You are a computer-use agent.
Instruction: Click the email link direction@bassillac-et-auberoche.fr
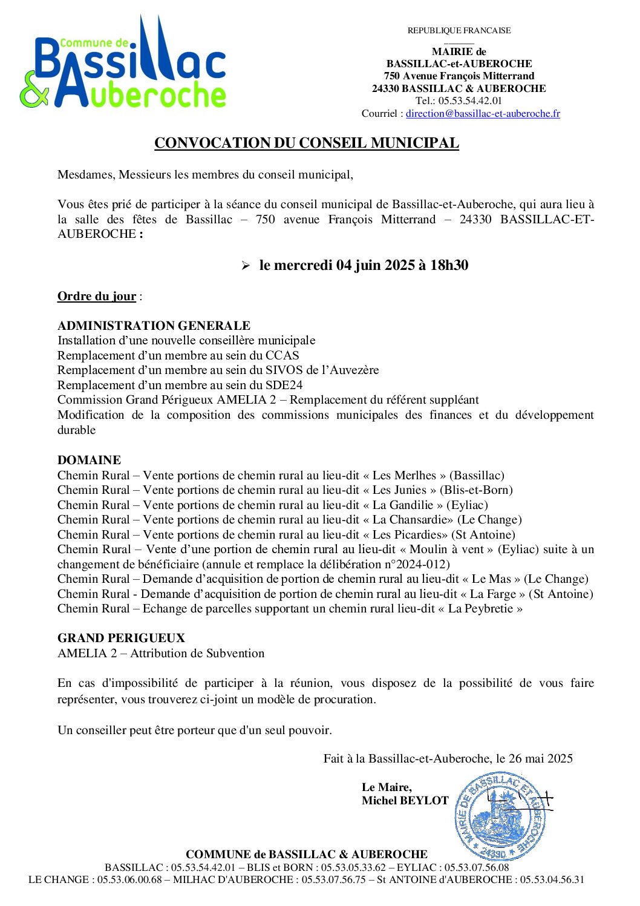coord(483,113)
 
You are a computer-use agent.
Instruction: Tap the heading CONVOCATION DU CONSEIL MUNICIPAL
coord(307,143)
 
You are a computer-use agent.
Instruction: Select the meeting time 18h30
coord(449,265)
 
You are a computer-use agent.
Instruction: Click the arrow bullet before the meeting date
coord(246,266)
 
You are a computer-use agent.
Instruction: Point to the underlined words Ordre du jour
coord(97,296)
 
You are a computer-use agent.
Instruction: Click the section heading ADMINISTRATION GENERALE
coord(154,326)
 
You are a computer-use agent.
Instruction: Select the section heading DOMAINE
coord(89,460)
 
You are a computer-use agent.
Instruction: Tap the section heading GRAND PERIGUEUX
coord(121,638)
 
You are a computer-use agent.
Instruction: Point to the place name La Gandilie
coord(403,505)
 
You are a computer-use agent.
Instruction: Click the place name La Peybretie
coord(480,608)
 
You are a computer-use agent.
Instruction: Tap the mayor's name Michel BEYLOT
coord(405,800)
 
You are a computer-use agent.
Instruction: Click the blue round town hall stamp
coord(500,816)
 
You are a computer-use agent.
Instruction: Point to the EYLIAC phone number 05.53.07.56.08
coord(477,867)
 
